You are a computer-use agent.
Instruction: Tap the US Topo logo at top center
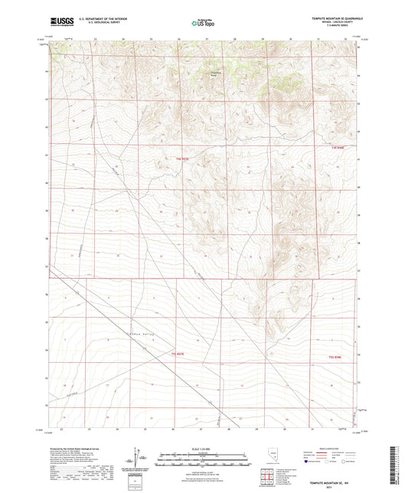tap(203, 23)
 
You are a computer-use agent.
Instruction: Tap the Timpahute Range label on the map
tap(218, 74)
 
